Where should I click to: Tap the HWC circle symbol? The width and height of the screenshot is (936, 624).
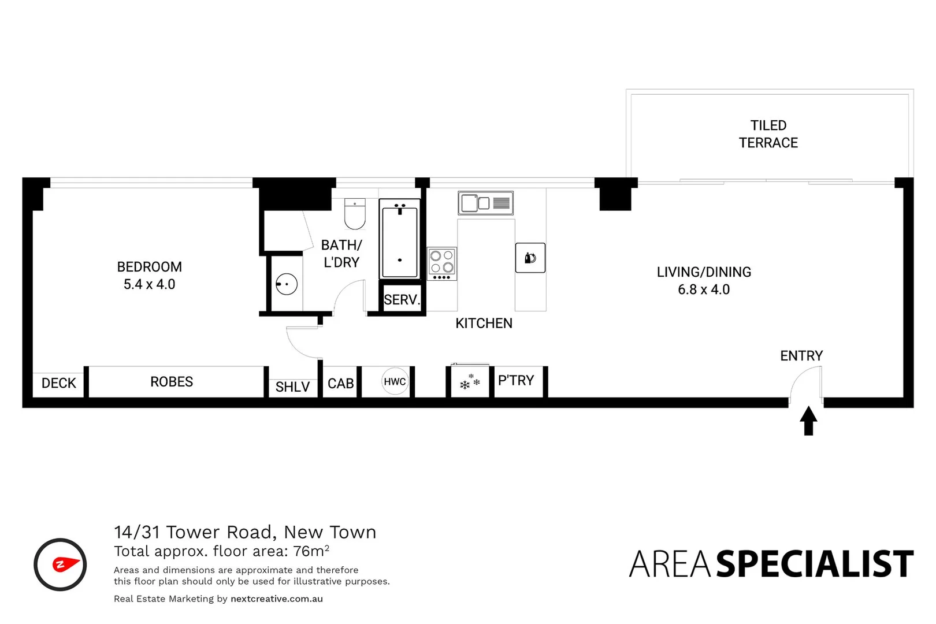395,381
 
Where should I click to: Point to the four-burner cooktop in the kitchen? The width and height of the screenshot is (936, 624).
442,263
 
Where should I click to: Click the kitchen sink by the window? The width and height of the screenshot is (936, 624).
485,203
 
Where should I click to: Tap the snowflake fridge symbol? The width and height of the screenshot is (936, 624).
470,382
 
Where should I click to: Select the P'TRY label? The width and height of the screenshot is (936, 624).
516,380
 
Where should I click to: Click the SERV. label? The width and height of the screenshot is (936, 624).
402,299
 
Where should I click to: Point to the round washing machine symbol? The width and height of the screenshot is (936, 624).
286,284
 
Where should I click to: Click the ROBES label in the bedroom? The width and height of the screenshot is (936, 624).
172,382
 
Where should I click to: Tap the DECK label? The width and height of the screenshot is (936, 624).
58,383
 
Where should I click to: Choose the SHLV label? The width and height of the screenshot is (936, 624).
292,387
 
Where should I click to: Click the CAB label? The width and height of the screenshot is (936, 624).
340,384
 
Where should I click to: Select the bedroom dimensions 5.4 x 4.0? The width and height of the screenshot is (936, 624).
149,284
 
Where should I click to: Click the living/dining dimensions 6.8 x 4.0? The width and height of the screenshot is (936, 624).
704,289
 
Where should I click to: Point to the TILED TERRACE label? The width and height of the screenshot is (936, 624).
768,134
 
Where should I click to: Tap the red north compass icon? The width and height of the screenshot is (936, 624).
60,564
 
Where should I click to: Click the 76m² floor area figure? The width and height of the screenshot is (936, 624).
311,551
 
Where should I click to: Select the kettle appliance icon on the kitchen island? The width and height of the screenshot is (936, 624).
530,258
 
